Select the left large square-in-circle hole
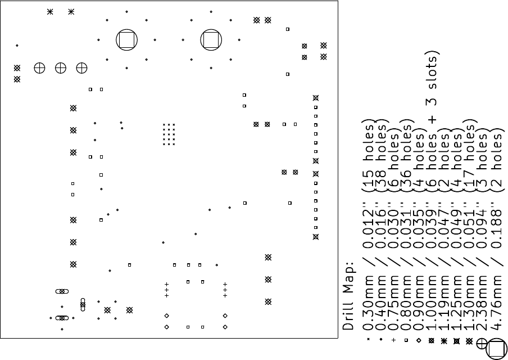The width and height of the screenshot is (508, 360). (x=126, y=40)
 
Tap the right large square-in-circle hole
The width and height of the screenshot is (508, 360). (x=211, y=40)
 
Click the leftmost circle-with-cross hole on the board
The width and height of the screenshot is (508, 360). (x=39, y=68)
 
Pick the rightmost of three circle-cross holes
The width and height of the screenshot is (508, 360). (x=81, y=68)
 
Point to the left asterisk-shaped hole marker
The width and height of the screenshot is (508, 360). (x=49, y=12)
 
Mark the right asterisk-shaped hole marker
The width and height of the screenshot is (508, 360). (x=71, y=12)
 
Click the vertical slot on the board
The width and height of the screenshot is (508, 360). (x=83, y=304)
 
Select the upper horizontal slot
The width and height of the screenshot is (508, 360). (x=62, y=291)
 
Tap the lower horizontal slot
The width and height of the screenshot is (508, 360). (x=62, y=318)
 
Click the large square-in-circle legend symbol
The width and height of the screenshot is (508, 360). (x=496, y=349)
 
